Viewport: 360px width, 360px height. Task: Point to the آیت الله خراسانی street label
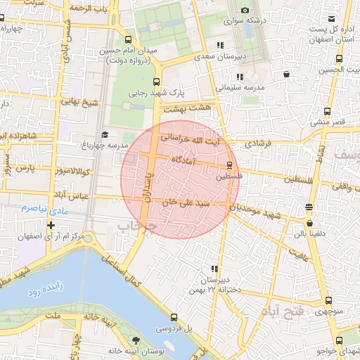[190, 139]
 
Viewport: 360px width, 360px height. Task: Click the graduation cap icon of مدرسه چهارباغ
[105, 134]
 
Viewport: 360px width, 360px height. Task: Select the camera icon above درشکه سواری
[244, 10]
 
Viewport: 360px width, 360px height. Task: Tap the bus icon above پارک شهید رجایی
[156, 81]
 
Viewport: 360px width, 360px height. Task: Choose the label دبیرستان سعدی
[219, 56]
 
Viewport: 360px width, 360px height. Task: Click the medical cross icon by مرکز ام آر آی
[50, 225]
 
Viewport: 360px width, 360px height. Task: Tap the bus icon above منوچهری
[328, 301]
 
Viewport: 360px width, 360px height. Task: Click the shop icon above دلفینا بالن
[309, 207]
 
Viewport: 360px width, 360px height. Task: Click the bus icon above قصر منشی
[328, 111]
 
